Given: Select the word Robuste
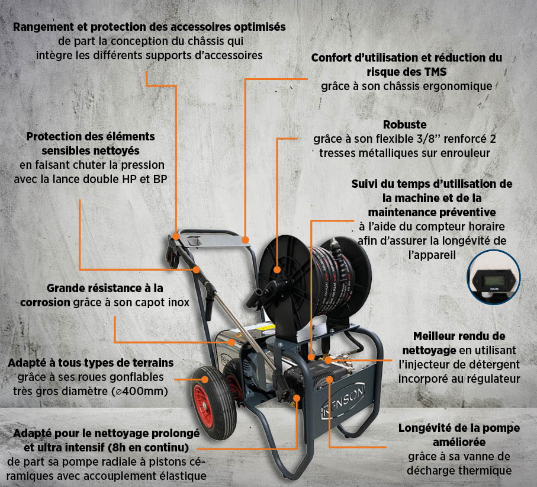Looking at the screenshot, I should pyautogui.click(x=404, y=125).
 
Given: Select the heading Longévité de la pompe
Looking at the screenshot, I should pyautogui.click(x=452, y=428).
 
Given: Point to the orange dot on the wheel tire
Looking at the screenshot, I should pyautogui.click(x=205, y=378).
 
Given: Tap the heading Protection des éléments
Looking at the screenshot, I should pyautogui.click(x=91, y=136).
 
